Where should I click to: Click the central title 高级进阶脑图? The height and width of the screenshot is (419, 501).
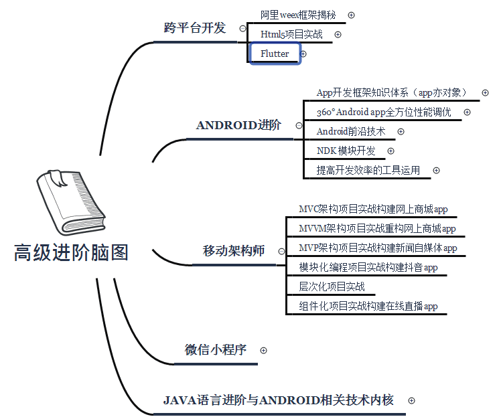pyautogui.click(x=71, y=252)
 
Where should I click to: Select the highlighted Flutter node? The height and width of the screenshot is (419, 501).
pyautogui.click(x=275, y=54)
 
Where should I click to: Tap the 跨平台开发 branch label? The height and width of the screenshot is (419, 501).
pyautogui.click(x=195, y=28)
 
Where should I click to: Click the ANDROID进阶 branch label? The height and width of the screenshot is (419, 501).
pyautogui.click(x=238, y=125)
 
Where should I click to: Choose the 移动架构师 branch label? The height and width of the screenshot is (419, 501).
pyautogui.click(x=234, y=251)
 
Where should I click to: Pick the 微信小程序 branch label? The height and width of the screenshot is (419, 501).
pyautogui.click(x=216, y=349)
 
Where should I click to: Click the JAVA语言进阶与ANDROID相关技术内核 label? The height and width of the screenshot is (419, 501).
pyautogui.click(x=278, y=400)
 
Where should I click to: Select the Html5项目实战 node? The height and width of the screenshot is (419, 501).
pyautogui.click(x=291, y=34)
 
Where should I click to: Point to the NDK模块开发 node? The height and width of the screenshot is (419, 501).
pyautogui.click(x=346, y=151)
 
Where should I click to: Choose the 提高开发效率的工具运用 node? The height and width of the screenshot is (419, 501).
pyautogui.click(x=368, y=170)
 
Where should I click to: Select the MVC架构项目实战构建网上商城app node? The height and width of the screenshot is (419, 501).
pyautogui.click(x=373, y=209)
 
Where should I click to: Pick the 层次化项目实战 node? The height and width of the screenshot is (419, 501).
pyautogui.click(x=332, y=287)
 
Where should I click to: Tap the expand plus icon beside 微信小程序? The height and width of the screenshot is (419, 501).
pyautogui.click(x=263, y=350)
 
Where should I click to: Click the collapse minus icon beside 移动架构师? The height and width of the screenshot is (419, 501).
pyautogui.click(x=281, y=252)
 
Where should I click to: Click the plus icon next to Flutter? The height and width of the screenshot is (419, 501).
pyautogui.click(x=303, y=54)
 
